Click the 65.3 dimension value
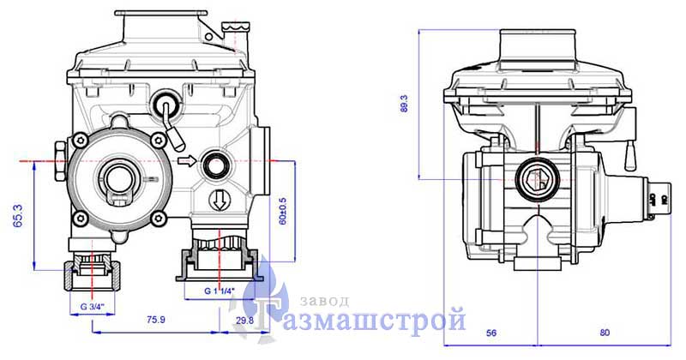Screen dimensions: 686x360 pyautogui.click(x=18, y=216)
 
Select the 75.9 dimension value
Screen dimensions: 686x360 pyautogui.click(x=156, y=320)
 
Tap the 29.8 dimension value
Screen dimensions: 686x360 pyautogui.click(x=245, y=321)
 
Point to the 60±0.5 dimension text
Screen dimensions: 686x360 pyautogui.click(x=283, y=211)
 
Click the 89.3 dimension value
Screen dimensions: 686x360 pyautogui.click(x=404, y=104)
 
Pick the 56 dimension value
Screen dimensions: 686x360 pyautogui.click(x=491, y=333)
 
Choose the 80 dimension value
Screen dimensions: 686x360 pyautogui.click(x=605, y=333)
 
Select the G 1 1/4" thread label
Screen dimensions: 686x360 pyautogui.click(x=220, y=291)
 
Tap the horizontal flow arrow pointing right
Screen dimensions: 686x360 pyautogui.click(x=188, y=161)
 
